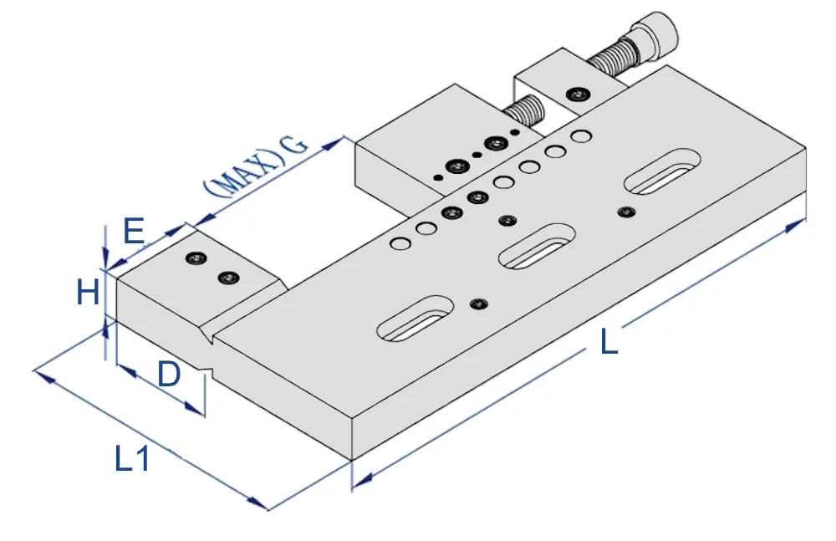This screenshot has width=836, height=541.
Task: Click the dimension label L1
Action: pyautogui.click(x=132, y=458)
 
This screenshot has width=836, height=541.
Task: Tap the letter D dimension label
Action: pyautogui.click(x=170, y=374)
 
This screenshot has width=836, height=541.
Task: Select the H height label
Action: pyautogui.click(x=88, y=293)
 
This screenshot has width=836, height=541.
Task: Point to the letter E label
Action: pyautogui.click(x=134, y=231)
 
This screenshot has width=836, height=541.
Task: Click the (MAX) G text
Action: pyautogui.click(x=255, y=166)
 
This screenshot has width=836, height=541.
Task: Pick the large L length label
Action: pyautogui.click(x=609, y=341)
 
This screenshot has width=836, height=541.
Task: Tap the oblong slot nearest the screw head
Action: pyautogui.click(x=661, y=171)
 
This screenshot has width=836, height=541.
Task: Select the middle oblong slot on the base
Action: pyautogui.click(x=537, y=246)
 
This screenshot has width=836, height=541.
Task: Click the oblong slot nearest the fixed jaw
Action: pyautogui.click(x=415, y=319)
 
